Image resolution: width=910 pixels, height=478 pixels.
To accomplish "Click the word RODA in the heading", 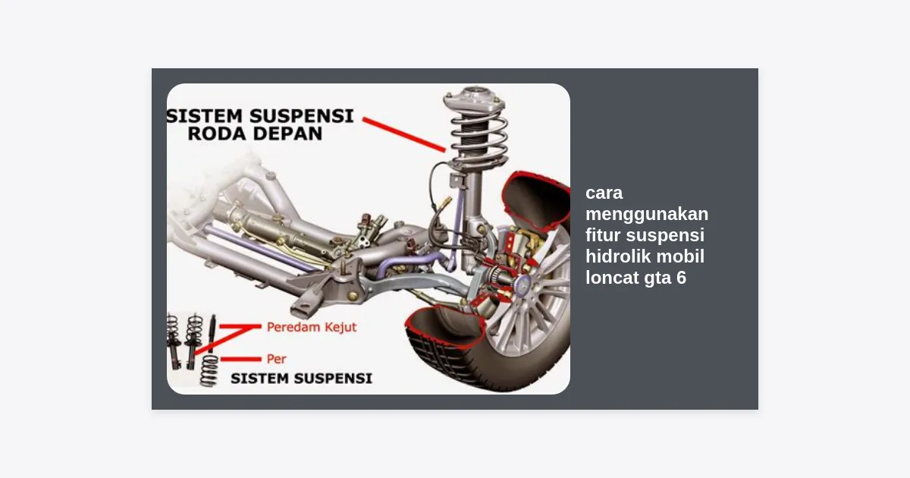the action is click(x=212, y=134).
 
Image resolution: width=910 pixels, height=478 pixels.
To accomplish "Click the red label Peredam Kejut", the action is click(x=312, y=327).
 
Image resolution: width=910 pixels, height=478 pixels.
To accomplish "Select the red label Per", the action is click(x=276, y=359).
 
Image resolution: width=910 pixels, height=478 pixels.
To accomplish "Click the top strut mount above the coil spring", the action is click(x=475, y=99).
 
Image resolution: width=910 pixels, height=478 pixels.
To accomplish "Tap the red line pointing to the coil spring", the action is click(x=403, y=135).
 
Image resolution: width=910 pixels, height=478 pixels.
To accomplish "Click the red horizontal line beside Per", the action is click(x=240, y=359).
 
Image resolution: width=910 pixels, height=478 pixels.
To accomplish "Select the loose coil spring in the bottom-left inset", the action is click(x=209, y=370).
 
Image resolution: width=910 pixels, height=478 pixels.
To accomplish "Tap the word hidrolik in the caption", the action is click(x=617, y=256).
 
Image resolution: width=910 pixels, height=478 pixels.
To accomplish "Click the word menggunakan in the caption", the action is click(x=647, y=214).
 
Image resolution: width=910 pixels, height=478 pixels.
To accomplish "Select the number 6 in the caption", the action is click(x=681, y=278).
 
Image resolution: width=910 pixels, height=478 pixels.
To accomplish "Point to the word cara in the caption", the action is click(x=604, y=193).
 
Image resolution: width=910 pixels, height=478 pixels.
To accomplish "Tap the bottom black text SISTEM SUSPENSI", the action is click(x=302, y=379).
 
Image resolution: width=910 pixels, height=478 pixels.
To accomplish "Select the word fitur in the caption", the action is click(x=603, y=235).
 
